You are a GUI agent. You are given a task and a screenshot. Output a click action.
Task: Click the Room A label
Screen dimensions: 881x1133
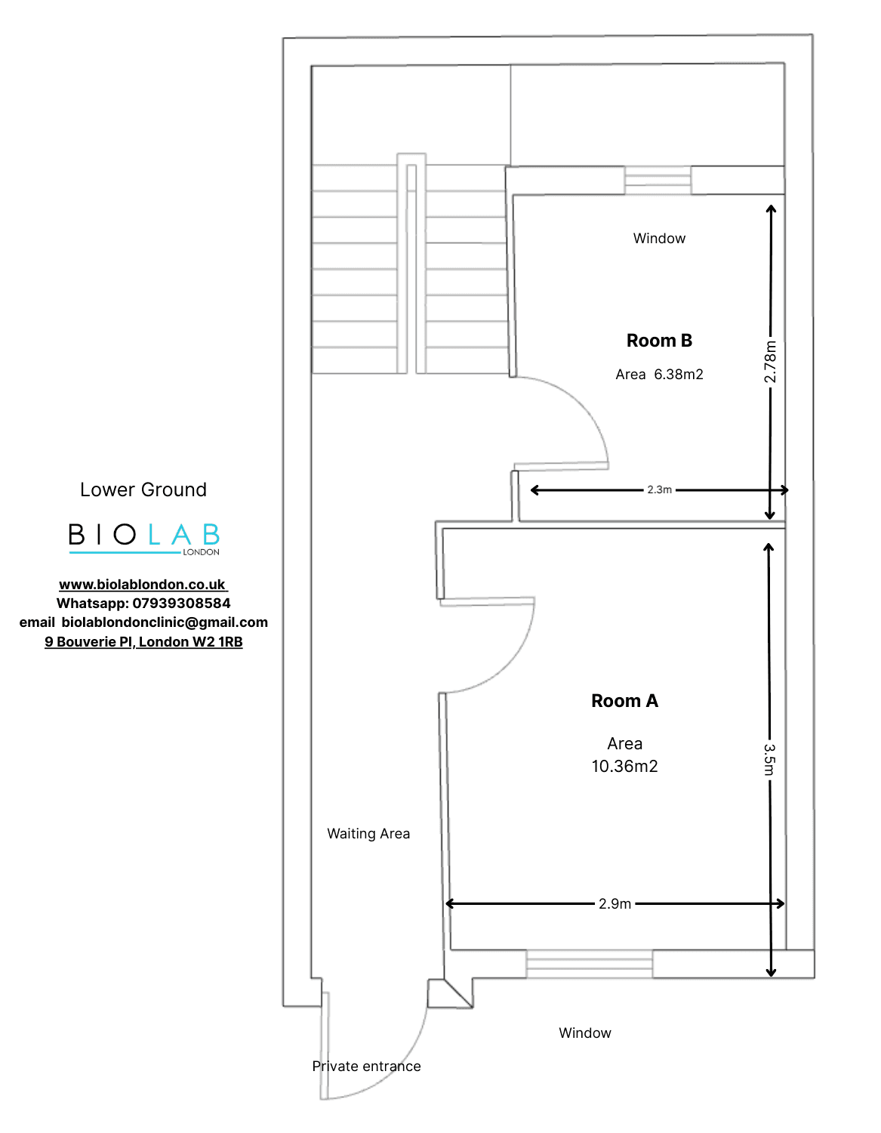pos(624,701)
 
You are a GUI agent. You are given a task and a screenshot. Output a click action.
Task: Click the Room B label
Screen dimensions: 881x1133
pos(659,341)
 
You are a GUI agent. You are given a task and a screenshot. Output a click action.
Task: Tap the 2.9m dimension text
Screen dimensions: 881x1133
pos(615,903)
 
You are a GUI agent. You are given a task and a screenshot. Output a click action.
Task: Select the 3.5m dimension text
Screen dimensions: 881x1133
pos(769,759)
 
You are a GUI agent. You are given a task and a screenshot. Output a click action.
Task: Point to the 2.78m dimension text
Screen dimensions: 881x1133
pos(770,362)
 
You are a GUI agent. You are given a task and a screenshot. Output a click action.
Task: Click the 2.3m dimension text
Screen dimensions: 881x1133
pos(659,489)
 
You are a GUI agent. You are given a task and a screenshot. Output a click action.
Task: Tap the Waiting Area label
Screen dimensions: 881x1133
pos(368,834)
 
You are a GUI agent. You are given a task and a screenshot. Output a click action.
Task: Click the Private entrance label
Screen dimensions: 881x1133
pos(366,1067)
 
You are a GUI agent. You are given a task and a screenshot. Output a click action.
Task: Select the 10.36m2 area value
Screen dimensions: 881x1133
pos(624,766)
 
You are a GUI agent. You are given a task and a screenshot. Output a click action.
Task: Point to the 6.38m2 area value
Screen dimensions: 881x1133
pos(679,375)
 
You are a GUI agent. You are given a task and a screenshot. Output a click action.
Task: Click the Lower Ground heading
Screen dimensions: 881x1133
pos(143,489)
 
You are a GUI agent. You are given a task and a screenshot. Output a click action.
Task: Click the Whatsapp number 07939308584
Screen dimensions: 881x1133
pos(181,604)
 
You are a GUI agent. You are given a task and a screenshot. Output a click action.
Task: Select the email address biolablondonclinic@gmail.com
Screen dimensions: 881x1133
pos(165,622)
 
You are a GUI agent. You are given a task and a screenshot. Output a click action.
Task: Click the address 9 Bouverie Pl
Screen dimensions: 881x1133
pos(89,641)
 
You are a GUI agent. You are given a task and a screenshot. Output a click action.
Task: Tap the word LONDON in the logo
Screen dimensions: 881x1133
pos(201,552)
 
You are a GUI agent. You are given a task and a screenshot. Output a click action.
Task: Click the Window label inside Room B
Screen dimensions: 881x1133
pos(659,238)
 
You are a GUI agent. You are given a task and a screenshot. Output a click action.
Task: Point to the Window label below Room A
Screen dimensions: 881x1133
pos(584,1033)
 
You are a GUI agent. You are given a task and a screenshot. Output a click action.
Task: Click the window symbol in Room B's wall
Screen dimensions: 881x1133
pos(658,181)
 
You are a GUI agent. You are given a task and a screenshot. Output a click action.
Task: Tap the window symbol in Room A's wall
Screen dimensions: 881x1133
pos(589,964)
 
